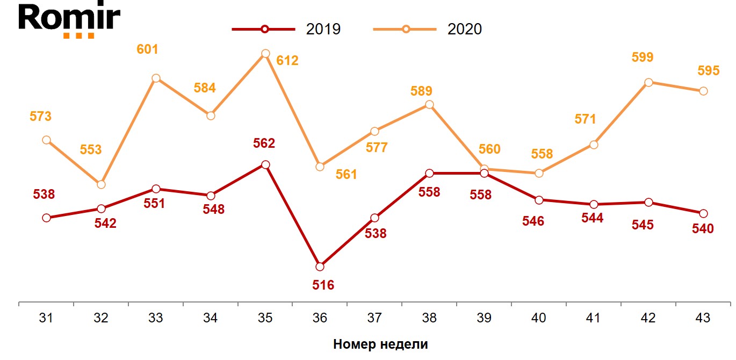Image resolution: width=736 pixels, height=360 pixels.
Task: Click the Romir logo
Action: point(69,20)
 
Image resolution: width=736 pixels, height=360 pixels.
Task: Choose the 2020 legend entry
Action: point(428,29)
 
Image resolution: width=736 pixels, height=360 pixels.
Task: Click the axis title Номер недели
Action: point(380,344)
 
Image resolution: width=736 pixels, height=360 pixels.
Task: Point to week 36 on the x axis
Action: point(320,318)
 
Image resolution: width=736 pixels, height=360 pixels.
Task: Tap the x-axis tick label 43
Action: point(703,318)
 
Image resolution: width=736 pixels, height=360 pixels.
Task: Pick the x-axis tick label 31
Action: point(46,318)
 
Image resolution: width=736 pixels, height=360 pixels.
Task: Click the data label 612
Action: point(287,61)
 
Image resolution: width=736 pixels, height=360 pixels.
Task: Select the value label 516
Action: point(323,285)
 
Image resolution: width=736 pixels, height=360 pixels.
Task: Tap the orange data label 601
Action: point(148,49)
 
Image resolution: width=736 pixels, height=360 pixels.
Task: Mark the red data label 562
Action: point(264,143)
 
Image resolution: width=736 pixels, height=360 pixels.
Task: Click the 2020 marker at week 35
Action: point(265,54)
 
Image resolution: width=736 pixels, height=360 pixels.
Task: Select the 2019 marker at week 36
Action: point(320,267)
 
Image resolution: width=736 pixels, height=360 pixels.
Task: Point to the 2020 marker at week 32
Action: point(101,184)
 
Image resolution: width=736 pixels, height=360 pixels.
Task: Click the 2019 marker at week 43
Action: point(703,213)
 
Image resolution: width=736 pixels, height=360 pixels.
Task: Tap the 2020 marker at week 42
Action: point(648,82)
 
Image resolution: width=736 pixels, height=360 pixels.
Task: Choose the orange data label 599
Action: point(643,57)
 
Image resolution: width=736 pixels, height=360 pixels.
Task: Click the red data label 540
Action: point(703,228)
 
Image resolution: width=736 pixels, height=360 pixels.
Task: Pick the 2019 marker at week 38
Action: point(429,173)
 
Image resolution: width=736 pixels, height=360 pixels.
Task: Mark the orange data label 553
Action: point(91,150)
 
